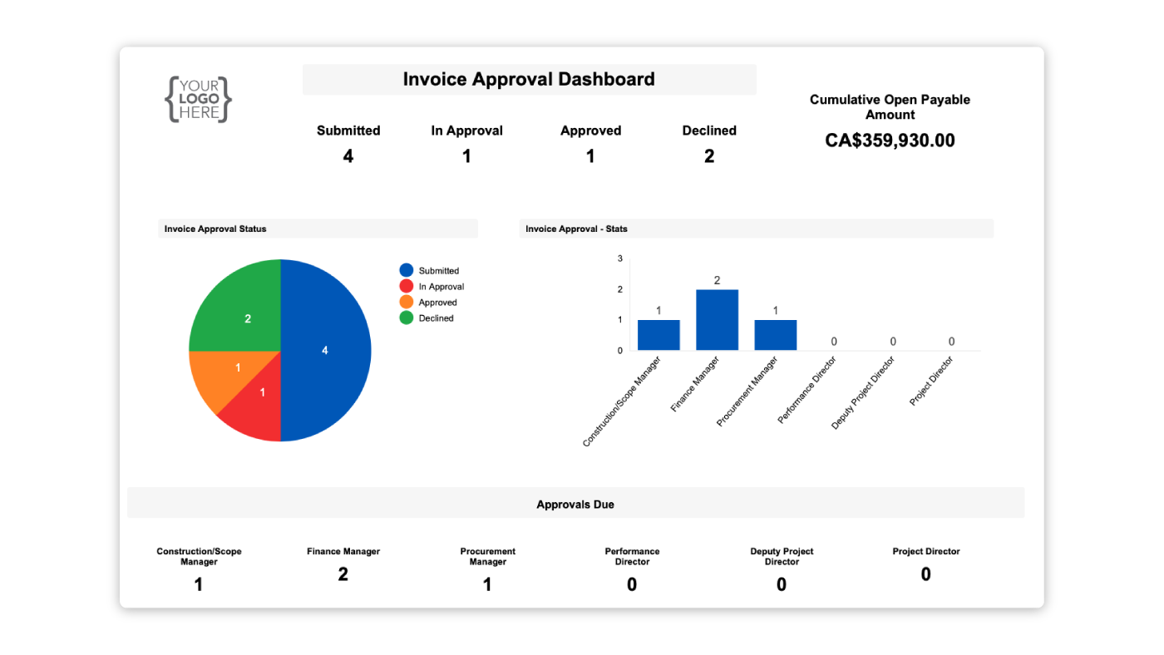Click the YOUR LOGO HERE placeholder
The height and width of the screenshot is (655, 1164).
(x=198, y=100)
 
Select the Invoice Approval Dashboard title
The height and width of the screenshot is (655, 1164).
(x=529, y=80)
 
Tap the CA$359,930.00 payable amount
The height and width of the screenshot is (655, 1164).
(x=890, y=141)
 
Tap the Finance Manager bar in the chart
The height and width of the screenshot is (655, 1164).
(x=717, y=320)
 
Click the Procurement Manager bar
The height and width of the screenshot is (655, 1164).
(x=775, y=335)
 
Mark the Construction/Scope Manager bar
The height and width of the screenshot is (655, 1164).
(x=658, y=335)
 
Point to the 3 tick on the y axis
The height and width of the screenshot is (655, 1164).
(x=620, y=259)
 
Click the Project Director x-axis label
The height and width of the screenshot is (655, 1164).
(x=931, y=382)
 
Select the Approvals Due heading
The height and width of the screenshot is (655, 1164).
(x=575, y=505)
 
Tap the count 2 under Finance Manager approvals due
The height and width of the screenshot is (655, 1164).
(x=343, y=574)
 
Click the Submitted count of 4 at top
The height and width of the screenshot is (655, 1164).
(x=348, y=156)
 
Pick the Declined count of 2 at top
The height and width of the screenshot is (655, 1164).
(x=709, y=156)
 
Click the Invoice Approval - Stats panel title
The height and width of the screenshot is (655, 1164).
(x=576, y=229)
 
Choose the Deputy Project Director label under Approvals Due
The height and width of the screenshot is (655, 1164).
(x=782, y=556)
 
